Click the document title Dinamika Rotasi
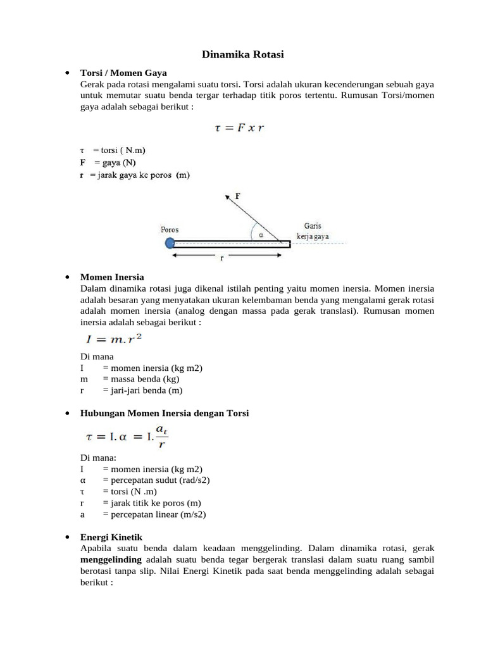243,55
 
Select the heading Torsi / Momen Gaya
123,73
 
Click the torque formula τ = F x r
240,127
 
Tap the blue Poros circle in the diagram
169,244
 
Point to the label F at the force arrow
237,196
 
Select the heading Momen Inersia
112,277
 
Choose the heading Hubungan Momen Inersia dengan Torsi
165,413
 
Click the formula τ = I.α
127,436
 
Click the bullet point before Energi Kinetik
67,537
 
